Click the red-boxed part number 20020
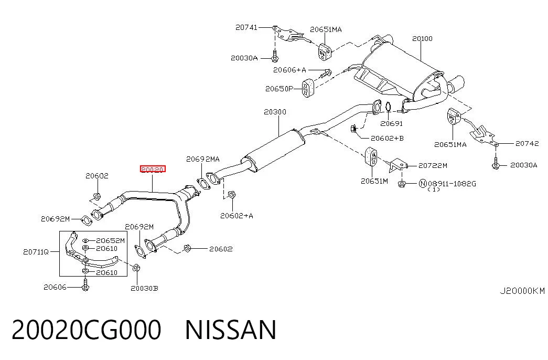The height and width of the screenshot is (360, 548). click(x=153, y=170)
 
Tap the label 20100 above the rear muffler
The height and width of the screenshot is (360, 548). click(x=422, y=38)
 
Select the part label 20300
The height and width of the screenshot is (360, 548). click(x=275, y=112)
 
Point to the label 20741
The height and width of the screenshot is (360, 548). click(x=246, y=27)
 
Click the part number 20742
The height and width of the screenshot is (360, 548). click(x=527, y=143)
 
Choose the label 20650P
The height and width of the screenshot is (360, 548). click(x=279, y=89)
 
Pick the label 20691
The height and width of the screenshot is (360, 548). click(x=391, y=123)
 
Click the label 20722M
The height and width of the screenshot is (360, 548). click(x=433, y=165)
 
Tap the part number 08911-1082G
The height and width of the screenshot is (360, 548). click(x=452, y=184)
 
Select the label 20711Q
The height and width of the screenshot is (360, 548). click(x=36, y=251)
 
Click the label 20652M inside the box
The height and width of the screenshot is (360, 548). click(x=111, y=241)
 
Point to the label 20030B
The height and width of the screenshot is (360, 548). click(x=144, y=288)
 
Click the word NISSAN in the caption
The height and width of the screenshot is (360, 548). click(x=231, y=330)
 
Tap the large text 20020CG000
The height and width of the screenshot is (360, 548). click(x=87, y=330)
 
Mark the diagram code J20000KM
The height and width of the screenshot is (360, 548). click(x=522, y=291)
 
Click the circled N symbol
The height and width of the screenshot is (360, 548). click(x=423, y=183)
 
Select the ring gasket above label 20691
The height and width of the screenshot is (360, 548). click(x=388, y=107)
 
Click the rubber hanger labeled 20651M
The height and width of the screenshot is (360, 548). click(x=371, y=157)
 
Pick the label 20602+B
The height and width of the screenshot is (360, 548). click(x=387, y=138)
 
